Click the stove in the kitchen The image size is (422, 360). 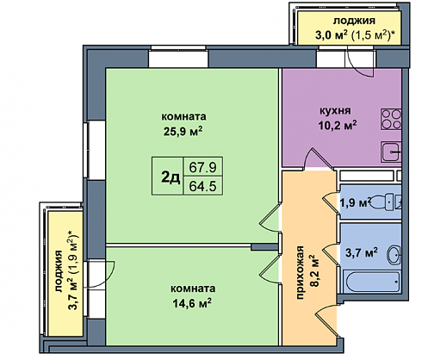pos(391,119)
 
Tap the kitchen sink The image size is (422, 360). pos(391,152)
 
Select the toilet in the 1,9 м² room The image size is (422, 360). pos(386,202)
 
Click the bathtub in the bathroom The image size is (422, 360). pos(373,282)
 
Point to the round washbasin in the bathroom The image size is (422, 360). pos(395,254)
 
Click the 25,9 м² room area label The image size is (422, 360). pos(183,132)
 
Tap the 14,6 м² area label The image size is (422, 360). pos(192,303)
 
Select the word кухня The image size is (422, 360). pos(335,110)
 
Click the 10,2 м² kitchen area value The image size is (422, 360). pos(337,125)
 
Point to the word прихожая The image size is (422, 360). pos(300,272)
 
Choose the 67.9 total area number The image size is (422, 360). pos(202,167)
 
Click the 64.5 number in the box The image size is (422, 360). pos(202,186)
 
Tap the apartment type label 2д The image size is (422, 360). pos(171,177)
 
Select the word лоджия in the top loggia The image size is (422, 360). pos(354,21)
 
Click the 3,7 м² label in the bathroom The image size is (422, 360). pos(361,253)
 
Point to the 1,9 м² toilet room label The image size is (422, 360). pos(355,202)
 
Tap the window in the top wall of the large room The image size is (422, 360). pos(178,59)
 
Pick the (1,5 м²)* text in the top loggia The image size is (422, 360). pos(372,35)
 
